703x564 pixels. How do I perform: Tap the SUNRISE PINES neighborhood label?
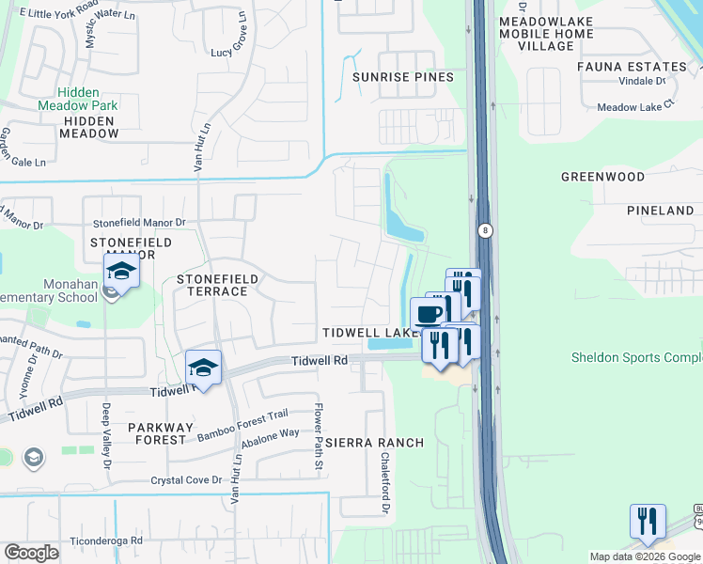tap(402, 77)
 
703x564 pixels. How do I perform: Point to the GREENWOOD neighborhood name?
tap(602, 177)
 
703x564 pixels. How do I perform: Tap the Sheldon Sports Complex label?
tap(636, 358)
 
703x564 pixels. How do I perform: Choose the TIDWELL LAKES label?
tap(370, 333)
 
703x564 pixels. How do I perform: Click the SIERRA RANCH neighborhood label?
tap(374, 443)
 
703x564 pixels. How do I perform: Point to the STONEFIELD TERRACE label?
tap(211, 285)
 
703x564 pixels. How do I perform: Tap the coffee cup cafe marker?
tap(428, 312)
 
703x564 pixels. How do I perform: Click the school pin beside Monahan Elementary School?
tap(121, 274)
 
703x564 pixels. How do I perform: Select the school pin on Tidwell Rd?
tap(203, 368)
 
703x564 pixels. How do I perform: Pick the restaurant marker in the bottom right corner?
tap(648, 522)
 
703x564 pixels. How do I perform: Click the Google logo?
tap(32, 553)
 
